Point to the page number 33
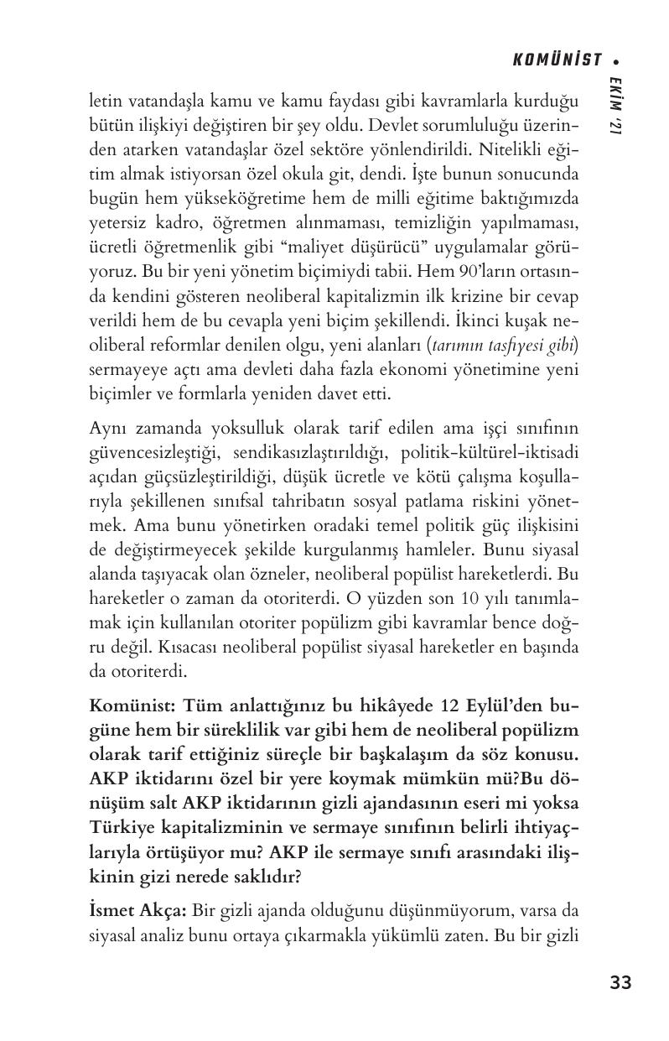pyautogui.click(x=620, y=982)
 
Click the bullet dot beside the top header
pyautogui.click(x=617, y=60)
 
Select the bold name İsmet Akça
pyautogui.click(x=138, y=910)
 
